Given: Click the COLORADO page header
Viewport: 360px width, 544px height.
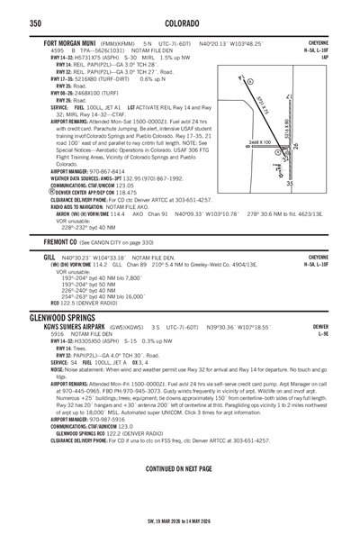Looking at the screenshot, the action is click(x=179, y=23).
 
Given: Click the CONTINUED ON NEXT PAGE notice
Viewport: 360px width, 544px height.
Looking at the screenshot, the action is click(x=179, y=469).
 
